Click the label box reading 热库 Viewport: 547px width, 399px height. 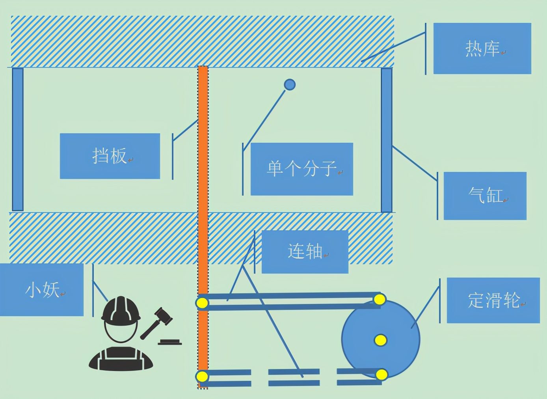pyautogui.click(x=482, y=48)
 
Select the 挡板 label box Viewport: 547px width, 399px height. pyautogui.click(x=110, y=156)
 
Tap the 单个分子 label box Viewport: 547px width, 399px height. pyautogui.click(x=301, y=169)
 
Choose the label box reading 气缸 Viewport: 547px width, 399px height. pyautogui.click(x=485, y=196)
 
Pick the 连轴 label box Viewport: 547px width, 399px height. pyautogui.click(x=305, y=252)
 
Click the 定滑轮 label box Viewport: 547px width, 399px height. pyautogui.click(x=493, y=300)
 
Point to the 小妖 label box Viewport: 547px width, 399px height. pyautogui.click(x=42, y=290)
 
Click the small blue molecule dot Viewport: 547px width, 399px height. pyautogui.click(x=290, y=84)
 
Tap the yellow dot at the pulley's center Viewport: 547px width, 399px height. pyautogui.click(x=380, y=340)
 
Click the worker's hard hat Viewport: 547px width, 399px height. pyautogui.click(x=121, y=309)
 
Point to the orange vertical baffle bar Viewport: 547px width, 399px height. pyautogui.click(x=203, y=177)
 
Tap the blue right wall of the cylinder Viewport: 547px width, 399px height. pyautogui.click(x=387, y=140)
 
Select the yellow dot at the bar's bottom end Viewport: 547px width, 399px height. pyautogui.click(x=202, y=376)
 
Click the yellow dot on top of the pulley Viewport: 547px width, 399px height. pyautogui.click(x=380, y=300)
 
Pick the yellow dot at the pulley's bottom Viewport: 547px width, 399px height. pyautogui.click(x=381, y=374)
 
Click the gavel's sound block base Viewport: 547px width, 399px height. pyautogui.click(x=170, y=342)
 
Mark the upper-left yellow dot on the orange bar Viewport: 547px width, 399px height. pyautogui.click(x=202, y=303)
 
